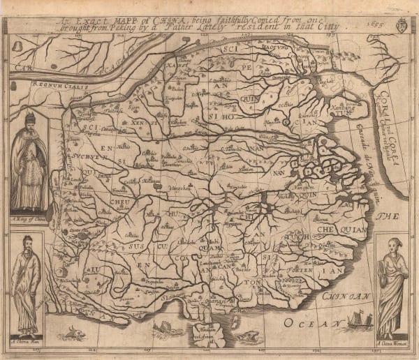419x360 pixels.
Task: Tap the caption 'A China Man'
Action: pos(25,340)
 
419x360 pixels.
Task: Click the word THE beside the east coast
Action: pos(386,218)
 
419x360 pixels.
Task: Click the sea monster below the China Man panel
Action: pos(70,336)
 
